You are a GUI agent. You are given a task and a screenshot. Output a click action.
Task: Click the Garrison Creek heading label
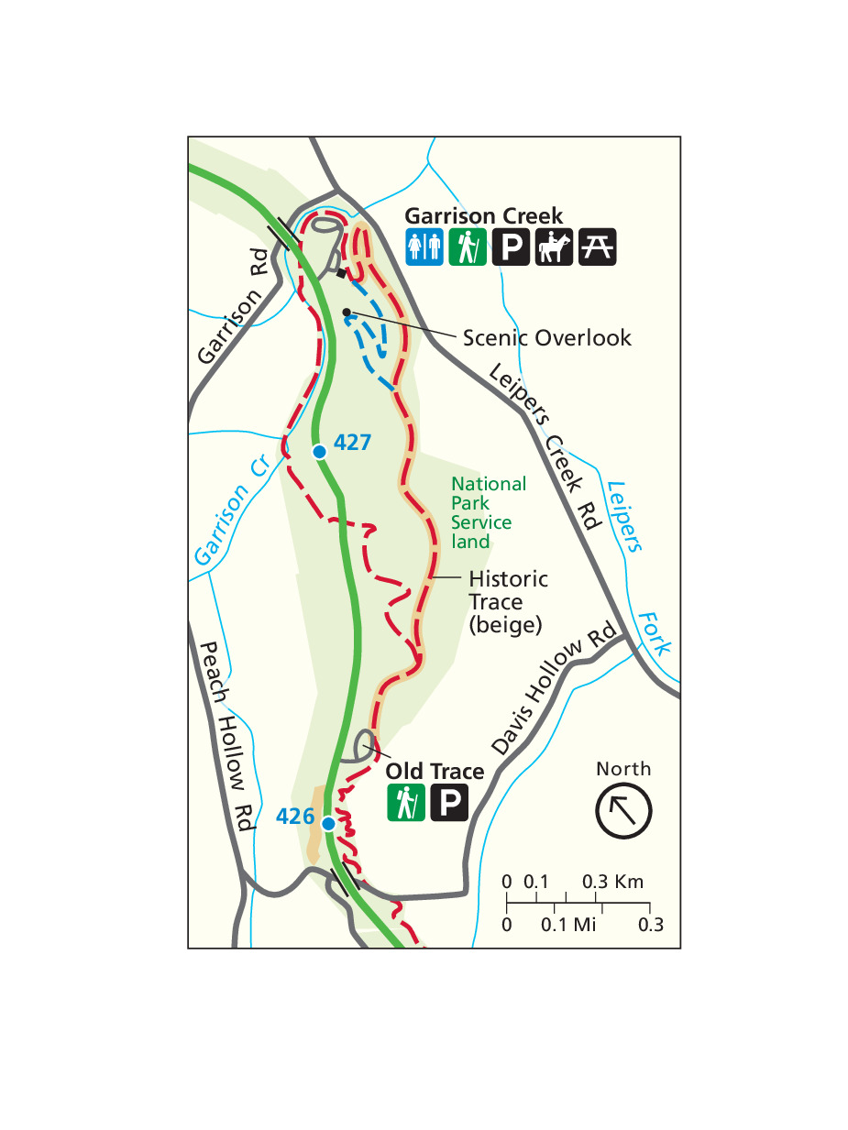tap(483, 216)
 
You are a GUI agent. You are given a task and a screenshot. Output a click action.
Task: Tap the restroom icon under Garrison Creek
tap(424, 247)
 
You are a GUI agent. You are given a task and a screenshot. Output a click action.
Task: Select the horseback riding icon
tap(554, 247)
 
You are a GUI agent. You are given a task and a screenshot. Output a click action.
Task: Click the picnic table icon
tap(597, 247)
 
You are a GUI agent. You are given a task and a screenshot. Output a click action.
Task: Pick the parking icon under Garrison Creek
tap(511, 247)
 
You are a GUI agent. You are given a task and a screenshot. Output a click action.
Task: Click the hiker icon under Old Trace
tap(403, 803)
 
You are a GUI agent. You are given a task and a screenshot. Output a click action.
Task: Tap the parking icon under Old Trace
tap(449, 803)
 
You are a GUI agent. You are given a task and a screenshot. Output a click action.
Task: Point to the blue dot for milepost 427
tap(319, 451)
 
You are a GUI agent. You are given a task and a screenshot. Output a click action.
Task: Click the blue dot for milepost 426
tap(327, 822)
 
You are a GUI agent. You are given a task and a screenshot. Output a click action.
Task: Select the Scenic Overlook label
tap(546, 337)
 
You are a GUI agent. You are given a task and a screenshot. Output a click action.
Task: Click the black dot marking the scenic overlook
tap(347, 313)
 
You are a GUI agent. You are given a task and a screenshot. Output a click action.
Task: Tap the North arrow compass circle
tap(623, 810)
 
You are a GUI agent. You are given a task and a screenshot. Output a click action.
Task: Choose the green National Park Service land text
tap(483, 512)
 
